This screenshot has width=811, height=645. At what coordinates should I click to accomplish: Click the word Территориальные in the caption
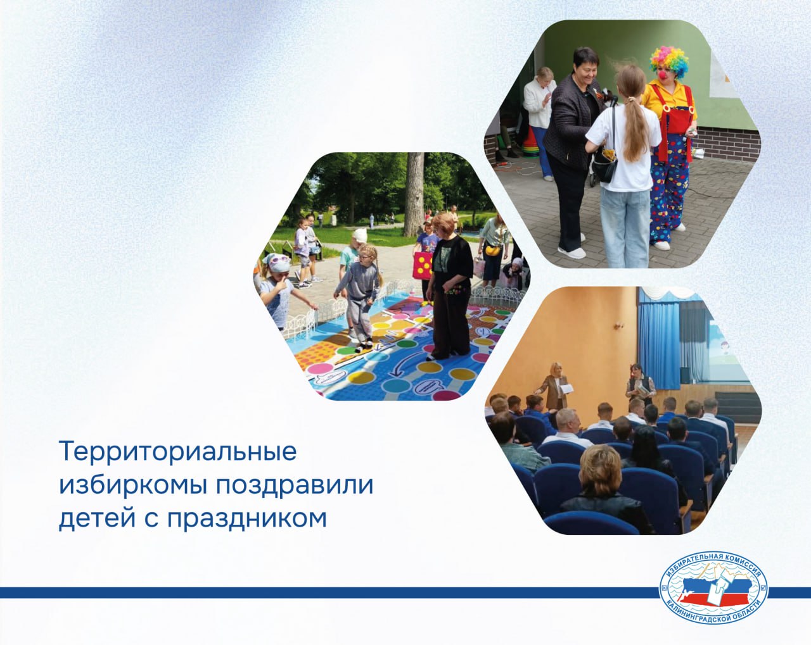[x=178, y=452]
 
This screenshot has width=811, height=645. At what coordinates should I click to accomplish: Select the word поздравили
[x=295, y=485]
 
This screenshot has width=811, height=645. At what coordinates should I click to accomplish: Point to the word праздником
[x=247, y=518]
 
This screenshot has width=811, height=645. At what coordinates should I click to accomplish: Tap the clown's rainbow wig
[x=669, y=61]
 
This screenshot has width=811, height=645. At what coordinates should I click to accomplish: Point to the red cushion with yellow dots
[x=423, y=265]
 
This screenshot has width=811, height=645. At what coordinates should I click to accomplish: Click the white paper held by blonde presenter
[x=566, y=389]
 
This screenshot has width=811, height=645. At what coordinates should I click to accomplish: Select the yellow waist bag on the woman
[x=492, y=249]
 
